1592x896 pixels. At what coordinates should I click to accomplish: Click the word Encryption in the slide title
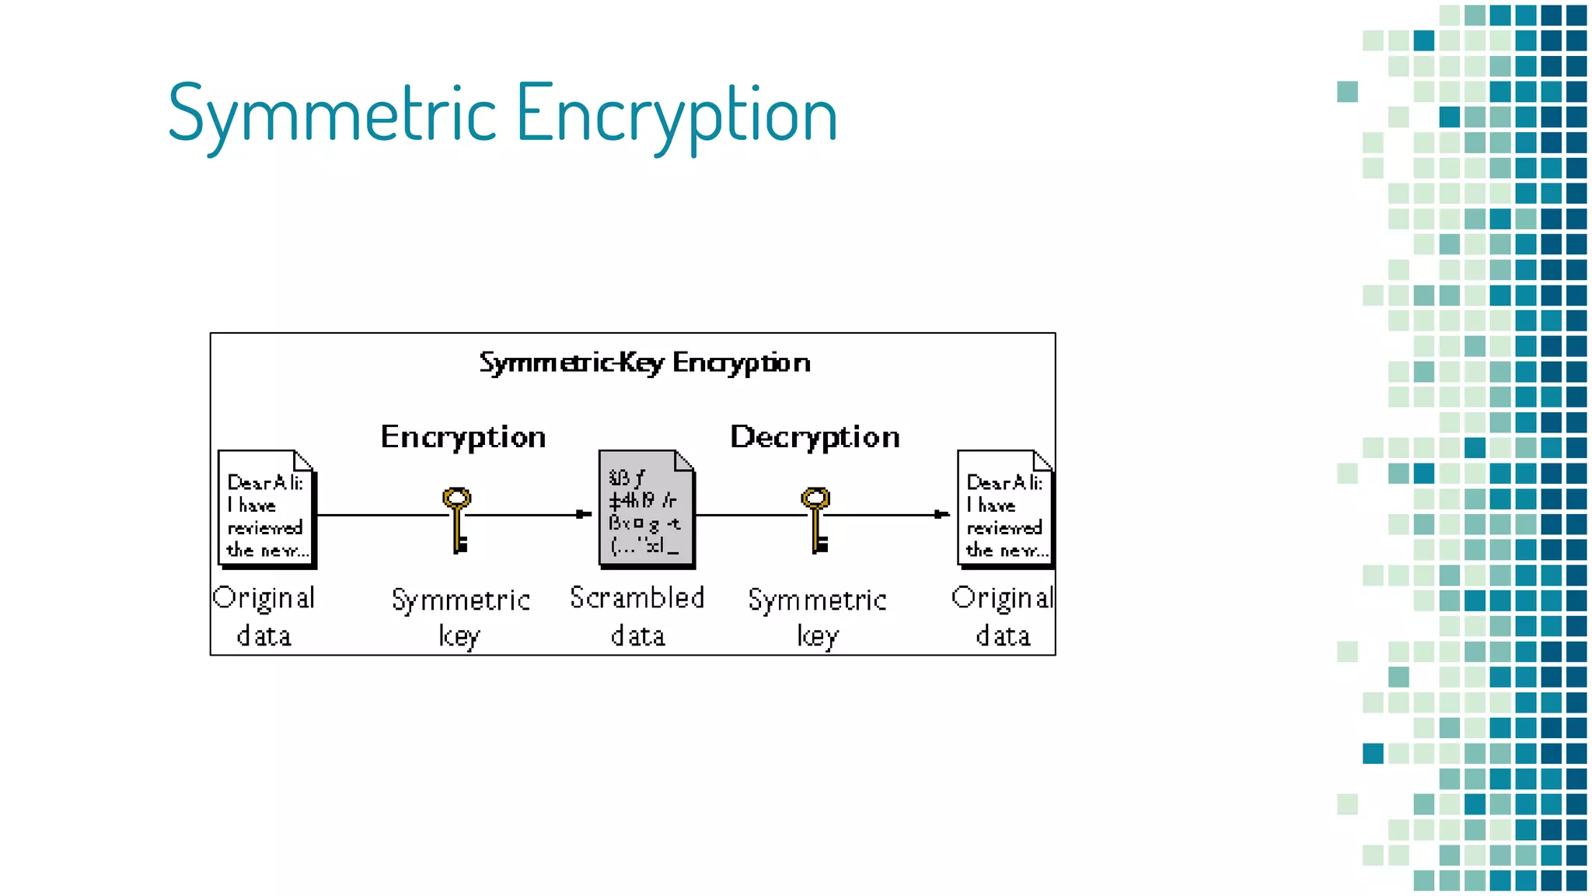[x=676, y=114]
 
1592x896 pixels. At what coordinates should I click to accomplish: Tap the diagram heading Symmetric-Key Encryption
[x=644, y=362]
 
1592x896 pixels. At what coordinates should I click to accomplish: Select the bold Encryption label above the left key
[x=463, y=437]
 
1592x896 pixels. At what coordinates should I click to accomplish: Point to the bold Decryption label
[x=815, y=437]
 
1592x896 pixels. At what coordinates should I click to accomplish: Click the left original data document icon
[x=267, y=509]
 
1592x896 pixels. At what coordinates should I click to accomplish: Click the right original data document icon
[x=1005, y=509]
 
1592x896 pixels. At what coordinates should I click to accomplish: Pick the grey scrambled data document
[x=646, y=509]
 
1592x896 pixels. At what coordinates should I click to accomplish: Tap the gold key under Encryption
[x=457, y=519]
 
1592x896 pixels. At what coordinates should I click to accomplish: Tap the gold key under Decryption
[x=815, y=519]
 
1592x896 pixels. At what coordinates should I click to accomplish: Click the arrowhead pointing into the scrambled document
[x=584, y=514]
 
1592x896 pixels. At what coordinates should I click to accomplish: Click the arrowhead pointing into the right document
[x=942, y=514]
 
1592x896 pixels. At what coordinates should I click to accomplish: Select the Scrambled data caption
[x=637, y=616]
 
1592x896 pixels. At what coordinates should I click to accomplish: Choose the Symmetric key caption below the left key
[x=460, y=618]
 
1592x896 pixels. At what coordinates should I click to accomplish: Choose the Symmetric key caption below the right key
[x=817, y=618]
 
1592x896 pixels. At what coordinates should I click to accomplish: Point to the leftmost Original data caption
[x=264, y=616]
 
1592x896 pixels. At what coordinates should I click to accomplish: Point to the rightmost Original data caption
[x=1003, y=616]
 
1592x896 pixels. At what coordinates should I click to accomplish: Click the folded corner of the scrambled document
[x=684, y=460]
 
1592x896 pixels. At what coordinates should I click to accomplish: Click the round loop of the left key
[x=457, y=498]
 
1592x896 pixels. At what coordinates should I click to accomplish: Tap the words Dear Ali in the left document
[x=264, y=483]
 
